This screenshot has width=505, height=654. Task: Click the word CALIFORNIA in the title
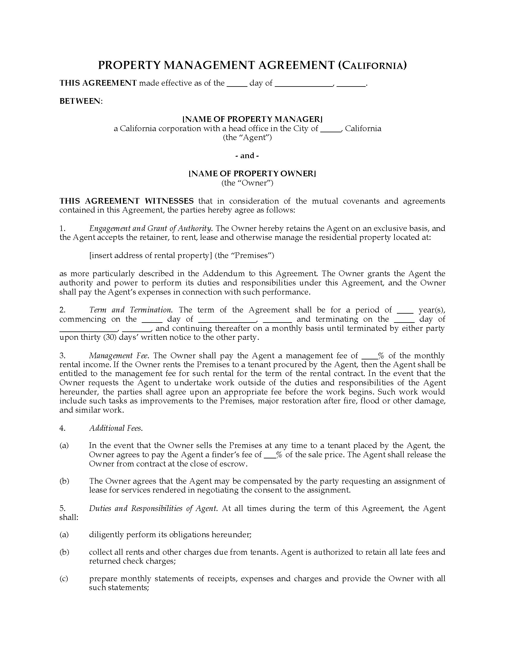point(373,66)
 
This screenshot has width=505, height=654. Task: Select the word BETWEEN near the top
point(80,101)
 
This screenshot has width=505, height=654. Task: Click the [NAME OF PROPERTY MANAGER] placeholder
point(252,119)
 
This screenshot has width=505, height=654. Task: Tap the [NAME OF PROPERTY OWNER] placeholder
point(252,174)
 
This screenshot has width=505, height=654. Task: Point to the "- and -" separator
point(247,155)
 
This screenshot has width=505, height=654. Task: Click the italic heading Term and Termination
point(130,310)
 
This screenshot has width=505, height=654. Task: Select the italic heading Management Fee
point(119,356)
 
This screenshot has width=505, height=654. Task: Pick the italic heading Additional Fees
point(116,428)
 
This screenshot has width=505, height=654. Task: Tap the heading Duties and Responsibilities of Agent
point(153,508)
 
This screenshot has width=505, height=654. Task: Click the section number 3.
point(62,356)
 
